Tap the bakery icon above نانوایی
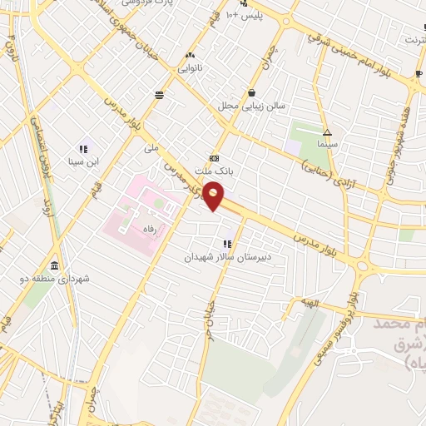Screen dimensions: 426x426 (x=190, y=57)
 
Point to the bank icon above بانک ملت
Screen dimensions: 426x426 (x=214, y=157)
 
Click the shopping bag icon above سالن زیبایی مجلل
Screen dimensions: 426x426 (x=251, y=93)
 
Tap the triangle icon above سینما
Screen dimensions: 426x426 (x=328, y=131)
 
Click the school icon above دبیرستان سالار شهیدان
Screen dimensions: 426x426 (x=226, y=244)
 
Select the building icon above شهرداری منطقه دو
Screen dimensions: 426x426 (x=54, y=265)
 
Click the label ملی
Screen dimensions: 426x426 (x=151, y=149)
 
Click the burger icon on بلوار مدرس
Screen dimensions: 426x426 (x=159, y=95)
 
